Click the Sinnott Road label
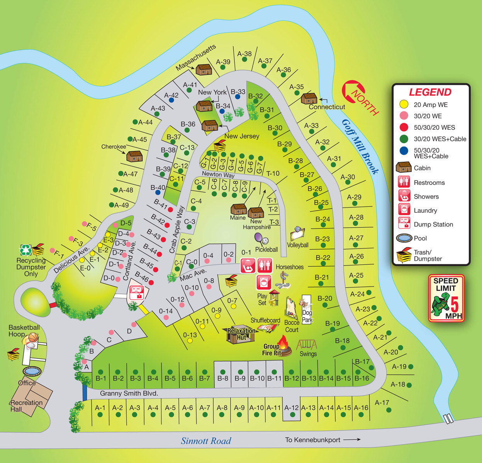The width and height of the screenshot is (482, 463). point(206,441)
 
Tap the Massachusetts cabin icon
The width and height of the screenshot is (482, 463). point(204,69)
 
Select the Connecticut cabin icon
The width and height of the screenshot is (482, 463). point(309,98)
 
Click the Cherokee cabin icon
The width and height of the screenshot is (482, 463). point(134,156)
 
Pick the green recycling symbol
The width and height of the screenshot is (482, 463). point(26,250)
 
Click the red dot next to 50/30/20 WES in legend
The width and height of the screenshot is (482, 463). point(404,127)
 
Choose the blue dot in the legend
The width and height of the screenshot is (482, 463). point(404,150)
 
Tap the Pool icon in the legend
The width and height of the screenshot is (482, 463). point(404,238)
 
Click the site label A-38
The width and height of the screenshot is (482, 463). point(244,54)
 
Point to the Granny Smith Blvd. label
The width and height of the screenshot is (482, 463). point(129,393)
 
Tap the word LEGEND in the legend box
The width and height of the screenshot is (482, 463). point(430,92)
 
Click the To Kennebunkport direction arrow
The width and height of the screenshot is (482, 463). point(351,439)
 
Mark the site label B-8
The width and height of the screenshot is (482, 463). point(222,378)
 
